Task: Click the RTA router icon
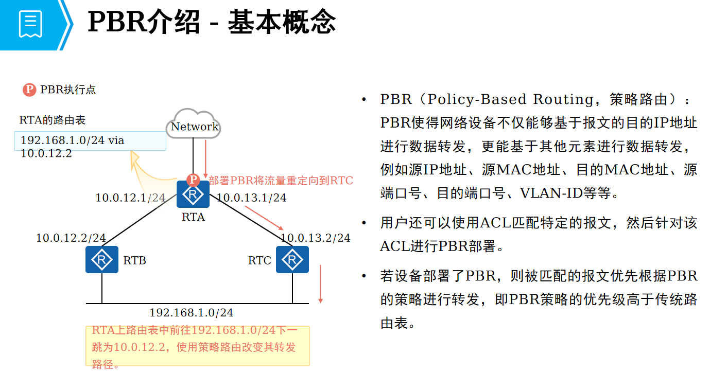click(x=193, y=194)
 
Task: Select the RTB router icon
click(x=102, y=259)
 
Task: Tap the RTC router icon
click(x=292, y=259)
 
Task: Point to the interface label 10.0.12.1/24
click(x=130, y=198)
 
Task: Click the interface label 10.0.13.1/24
click(x=251, y=198)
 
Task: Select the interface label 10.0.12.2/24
click(x=71, y=238)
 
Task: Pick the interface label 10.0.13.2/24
click(x=315, y=238)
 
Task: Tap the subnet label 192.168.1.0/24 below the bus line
click(x=191, y=313)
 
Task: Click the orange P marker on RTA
click(x=193, y=180)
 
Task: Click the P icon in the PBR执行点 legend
click(x=29, y=90)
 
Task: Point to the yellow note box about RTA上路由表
click(x=197, y=346)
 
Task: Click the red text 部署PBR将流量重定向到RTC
click(x=281, y=181)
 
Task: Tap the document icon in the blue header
click(x=30, y=24)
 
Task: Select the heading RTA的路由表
click(x=53, y=120)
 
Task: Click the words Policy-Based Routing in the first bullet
click(x=485, y=99)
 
